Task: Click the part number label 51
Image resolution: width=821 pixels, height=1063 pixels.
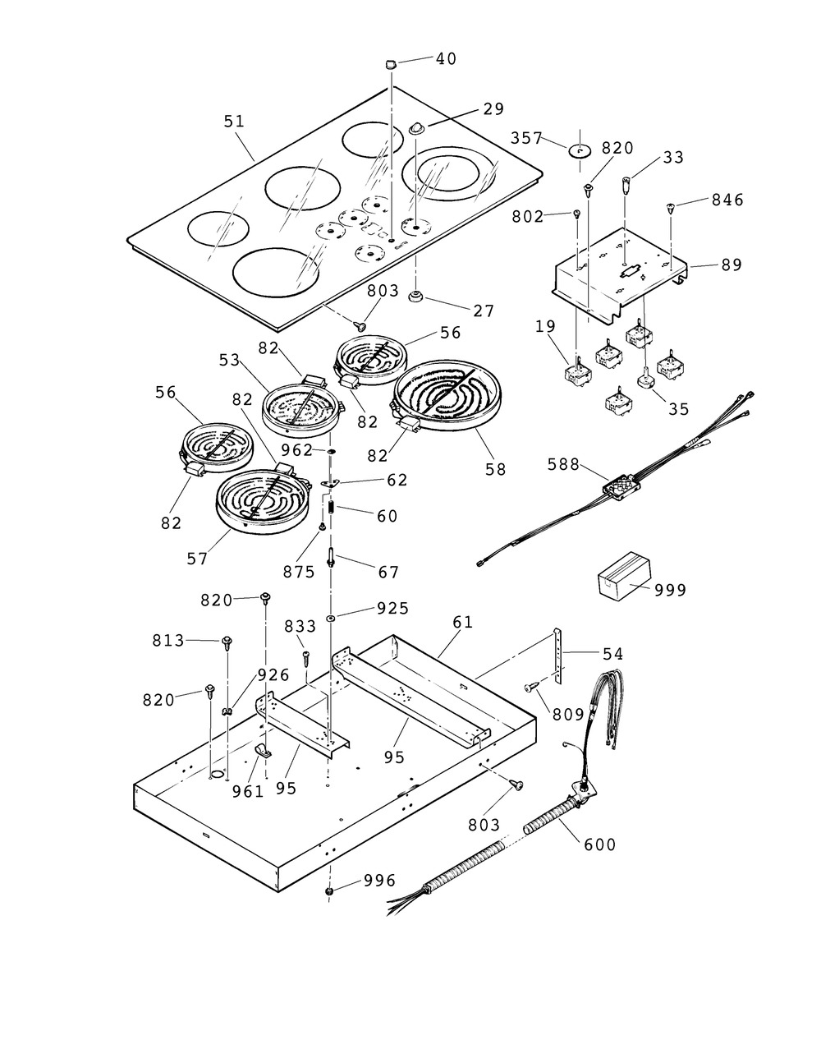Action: pyautogui.click(x=234, y=121)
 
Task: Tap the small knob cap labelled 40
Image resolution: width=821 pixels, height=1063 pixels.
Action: pyautogui.click(x=390, y=64)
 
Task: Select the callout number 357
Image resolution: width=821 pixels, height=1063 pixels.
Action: pyautogui.click(x=528, y=137)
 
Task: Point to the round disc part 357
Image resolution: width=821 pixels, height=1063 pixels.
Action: pyautogui.click(x=580, y=151)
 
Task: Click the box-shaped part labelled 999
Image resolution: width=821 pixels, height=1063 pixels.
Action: pyautogui.click(x=622, y=576)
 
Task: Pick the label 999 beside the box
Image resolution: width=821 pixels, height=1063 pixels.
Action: pyautogui.click(x=670, y=590)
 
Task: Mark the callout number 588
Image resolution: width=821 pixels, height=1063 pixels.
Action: pyautogui.click(x=565, y=465)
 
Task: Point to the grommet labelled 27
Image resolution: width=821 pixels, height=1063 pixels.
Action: pyautogui.click(x=416, y=296)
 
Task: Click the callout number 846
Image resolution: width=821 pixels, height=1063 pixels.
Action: pyautogui.click(x=727, y=200)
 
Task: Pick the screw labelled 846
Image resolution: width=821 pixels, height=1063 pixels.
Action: pyautogui.click(x=672, y=209)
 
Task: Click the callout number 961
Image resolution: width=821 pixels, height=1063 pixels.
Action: pyautogui.click(x=247, y=791)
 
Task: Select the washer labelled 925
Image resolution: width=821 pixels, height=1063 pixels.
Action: pyautogui.click(x=329, y=617)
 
